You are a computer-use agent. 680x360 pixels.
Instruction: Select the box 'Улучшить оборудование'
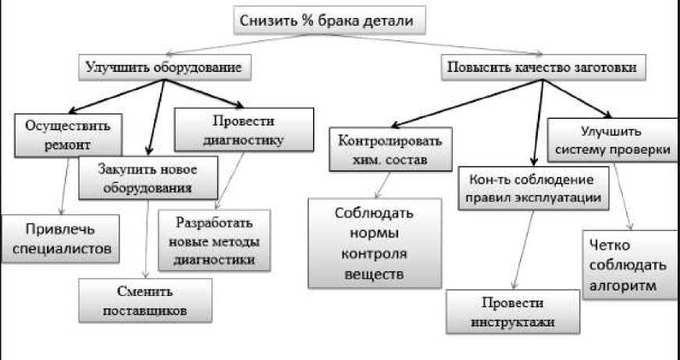pyautogui.click(x=168, y=68)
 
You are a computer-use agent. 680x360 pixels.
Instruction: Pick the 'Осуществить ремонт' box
pyautogui.click(x=68, y=134)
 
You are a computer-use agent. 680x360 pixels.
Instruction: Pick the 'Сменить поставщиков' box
pyautogui.click(x=147, y=301)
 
